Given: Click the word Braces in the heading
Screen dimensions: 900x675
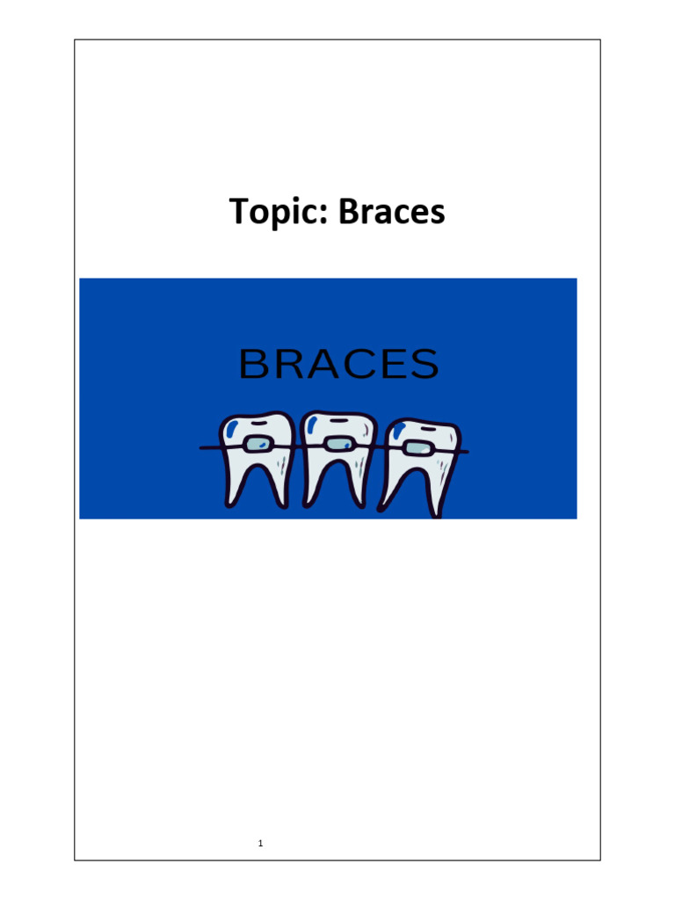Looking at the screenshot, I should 392,212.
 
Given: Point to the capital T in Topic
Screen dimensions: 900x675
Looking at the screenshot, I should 238,212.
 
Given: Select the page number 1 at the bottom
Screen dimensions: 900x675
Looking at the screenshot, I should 261,845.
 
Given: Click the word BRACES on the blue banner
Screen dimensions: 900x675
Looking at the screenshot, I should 338,364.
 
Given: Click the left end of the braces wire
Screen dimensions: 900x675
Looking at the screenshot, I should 204,447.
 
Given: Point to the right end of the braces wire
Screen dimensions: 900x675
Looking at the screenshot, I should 465,452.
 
